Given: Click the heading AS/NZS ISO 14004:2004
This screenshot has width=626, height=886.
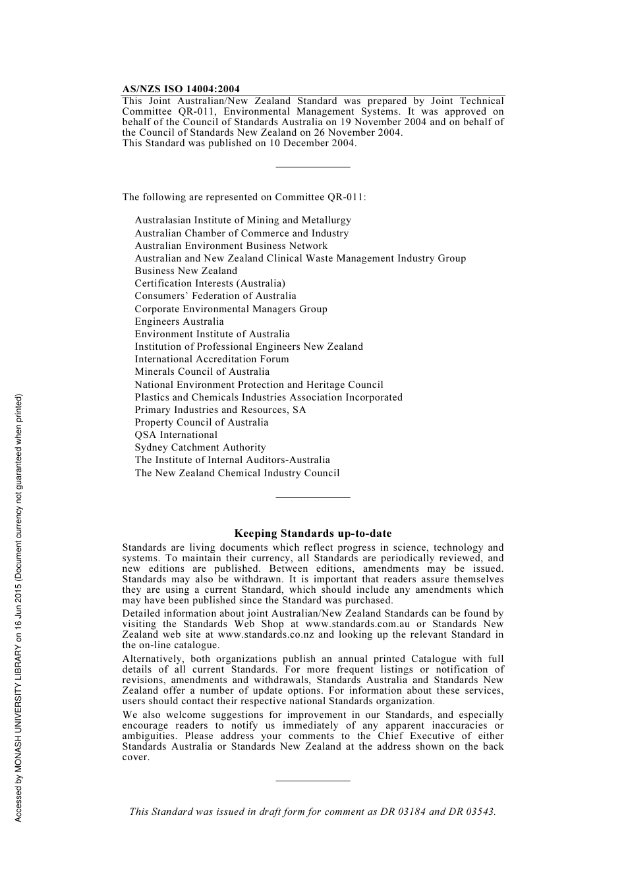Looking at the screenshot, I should [181, 89].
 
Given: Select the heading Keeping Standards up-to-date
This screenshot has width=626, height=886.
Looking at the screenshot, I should [313, 534].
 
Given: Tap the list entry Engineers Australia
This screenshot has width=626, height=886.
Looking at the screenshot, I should [179, 321].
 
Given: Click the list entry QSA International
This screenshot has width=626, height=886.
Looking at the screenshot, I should [176, 435].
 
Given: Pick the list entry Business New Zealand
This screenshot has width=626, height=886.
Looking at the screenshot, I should [186, 271].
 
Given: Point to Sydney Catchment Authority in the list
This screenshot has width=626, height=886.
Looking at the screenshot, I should [200, 447].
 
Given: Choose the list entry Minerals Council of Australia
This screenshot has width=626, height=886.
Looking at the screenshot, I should [202, 372].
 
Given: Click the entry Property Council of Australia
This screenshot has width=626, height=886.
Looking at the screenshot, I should [202, 422].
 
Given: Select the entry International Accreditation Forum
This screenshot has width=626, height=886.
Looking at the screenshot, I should [212, 359].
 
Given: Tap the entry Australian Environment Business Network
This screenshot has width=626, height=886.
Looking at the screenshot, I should [231, 246].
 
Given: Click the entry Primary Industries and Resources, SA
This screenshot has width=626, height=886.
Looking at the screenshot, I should [220, 410].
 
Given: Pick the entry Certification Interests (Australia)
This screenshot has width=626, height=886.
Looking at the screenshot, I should [210, 283].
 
